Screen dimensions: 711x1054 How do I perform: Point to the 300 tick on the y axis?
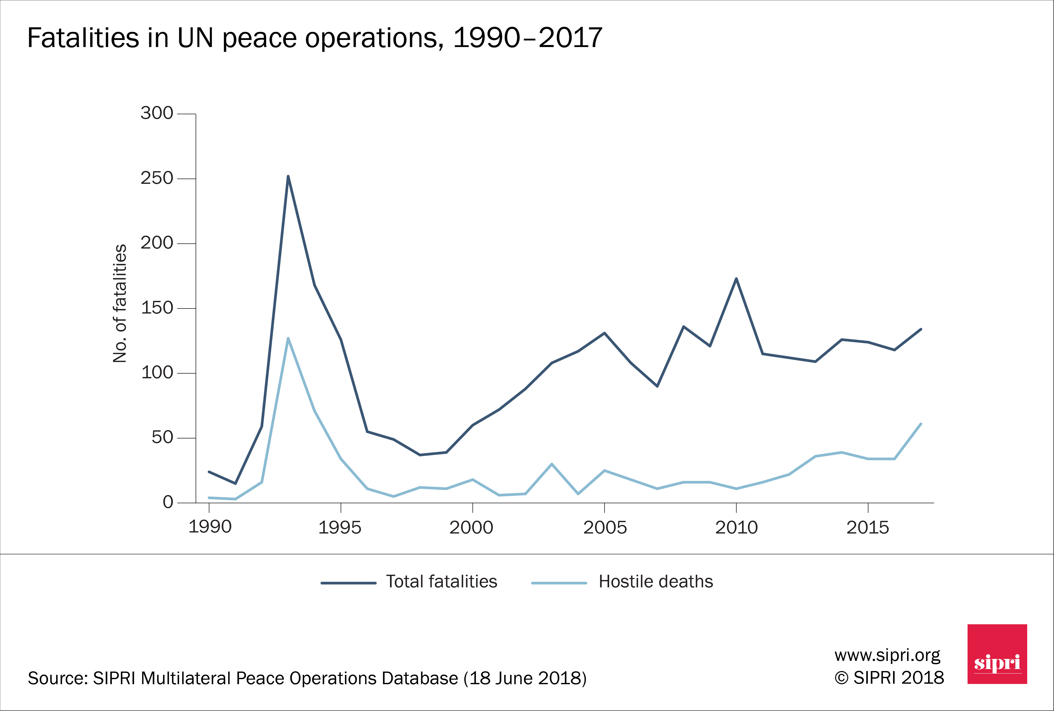(x=157, y=113)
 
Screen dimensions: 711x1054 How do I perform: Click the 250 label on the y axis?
(x=157, y=178)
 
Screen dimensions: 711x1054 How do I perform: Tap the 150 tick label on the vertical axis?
(x=157, y=308)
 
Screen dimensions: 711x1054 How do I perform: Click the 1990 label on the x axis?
(x=210, y=527)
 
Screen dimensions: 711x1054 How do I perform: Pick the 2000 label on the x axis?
(x=471, y=527)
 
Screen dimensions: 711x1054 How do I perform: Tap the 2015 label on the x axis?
(x=868, y=527)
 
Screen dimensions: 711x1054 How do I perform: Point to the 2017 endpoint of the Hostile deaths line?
(x=921, y=424)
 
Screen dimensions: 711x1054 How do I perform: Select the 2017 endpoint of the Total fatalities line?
(x=921, y=329)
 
